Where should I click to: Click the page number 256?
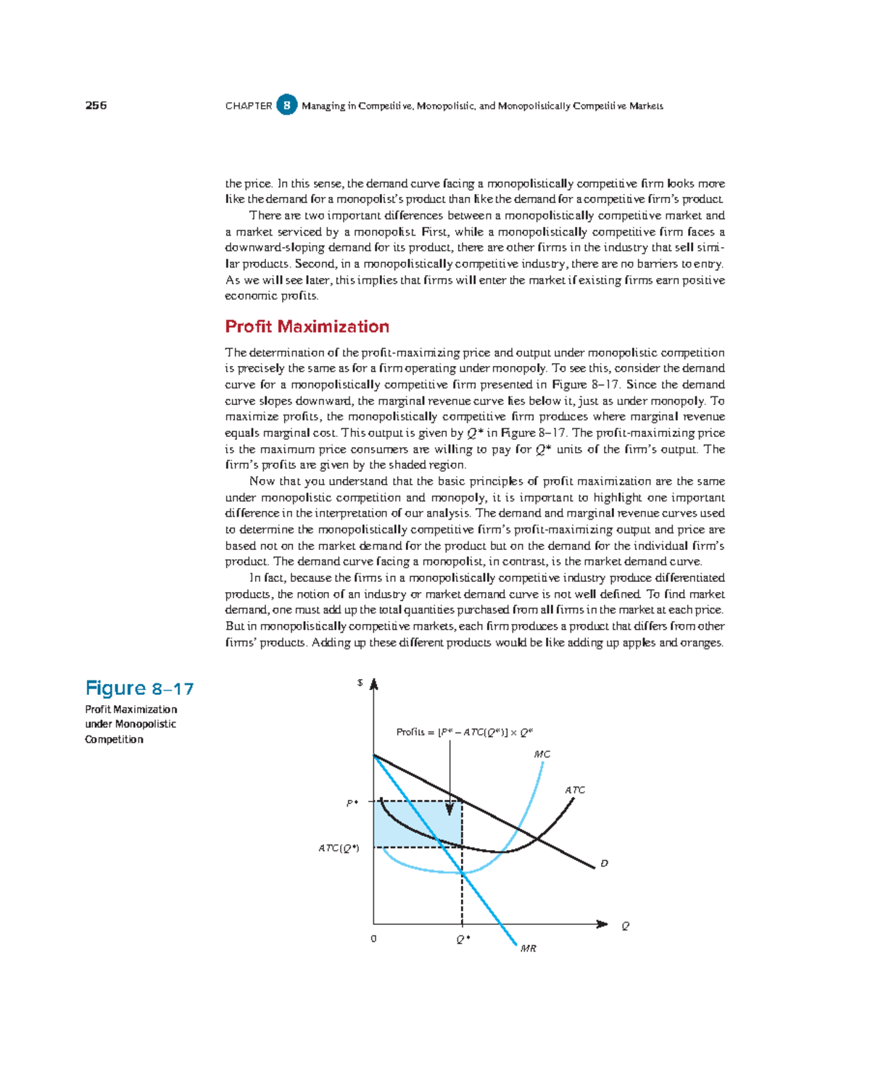[x=96, y=105]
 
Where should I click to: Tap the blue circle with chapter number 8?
[x=287, y=105]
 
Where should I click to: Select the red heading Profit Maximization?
[x=307, y=326]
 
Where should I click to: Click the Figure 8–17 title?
[x=139, y=688]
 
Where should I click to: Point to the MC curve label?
[x=542, y=754]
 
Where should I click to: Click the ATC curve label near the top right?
[x=575, y=790]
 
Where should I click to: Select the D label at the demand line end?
[x=604, y=863]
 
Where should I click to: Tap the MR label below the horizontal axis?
[x=529, y=949]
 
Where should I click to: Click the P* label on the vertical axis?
[x=352, y=803]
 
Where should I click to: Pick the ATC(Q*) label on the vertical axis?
[x=339, y=848]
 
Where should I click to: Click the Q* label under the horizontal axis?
[x=463, y=939]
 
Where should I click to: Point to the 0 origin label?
[x=373, y=938]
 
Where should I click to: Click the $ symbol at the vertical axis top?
[x=360, y=683]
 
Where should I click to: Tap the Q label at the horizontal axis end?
[x=625, y=925]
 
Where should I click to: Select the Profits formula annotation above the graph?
[x=465, y=732]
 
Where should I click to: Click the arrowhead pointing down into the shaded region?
[x=449, y=808]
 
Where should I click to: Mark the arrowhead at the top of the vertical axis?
[x=373, y=685]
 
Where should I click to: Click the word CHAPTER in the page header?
[x=249, y=106]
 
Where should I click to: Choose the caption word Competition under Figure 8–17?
[x=114, y=739]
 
